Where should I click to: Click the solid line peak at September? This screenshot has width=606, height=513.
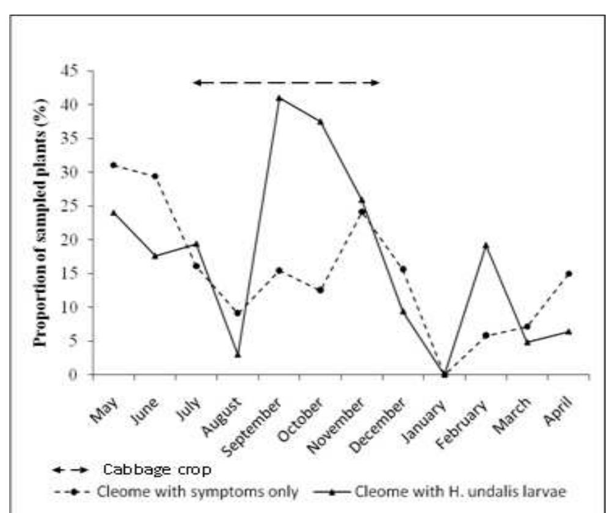click(279, 98)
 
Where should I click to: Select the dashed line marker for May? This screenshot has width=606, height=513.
click(114, 165)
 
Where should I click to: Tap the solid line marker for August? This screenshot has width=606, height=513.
click(238, 355)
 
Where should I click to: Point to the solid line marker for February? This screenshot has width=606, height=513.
click(486, 246)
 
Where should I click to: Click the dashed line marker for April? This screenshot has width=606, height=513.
click(568, 274)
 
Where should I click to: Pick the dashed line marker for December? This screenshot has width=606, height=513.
click(403, 269)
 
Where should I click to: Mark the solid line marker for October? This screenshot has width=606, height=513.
click(320, 121)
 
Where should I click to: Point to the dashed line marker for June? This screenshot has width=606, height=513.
click(155, 176)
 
